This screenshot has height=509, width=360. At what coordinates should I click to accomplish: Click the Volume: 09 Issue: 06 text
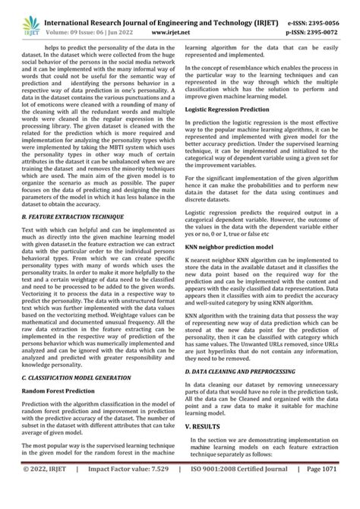(x=90, y=22)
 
